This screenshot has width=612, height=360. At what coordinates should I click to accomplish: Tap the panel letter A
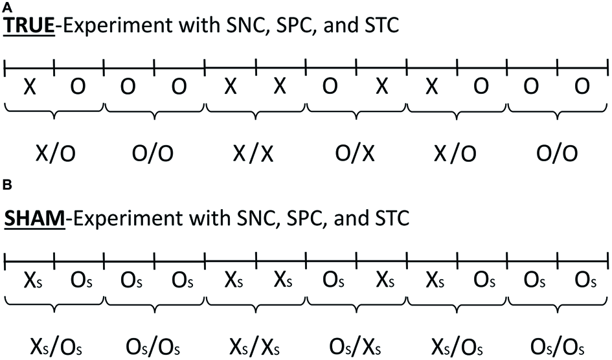coord(6,6)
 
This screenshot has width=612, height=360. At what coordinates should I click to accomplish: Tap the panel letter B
coord(6,186)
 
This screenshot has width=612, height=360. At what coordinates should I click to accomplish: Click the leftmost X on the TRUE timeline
coord(30,87)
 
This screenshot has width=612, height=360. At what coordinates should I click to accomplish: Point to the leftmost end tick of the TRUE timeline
coord(5,65)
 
